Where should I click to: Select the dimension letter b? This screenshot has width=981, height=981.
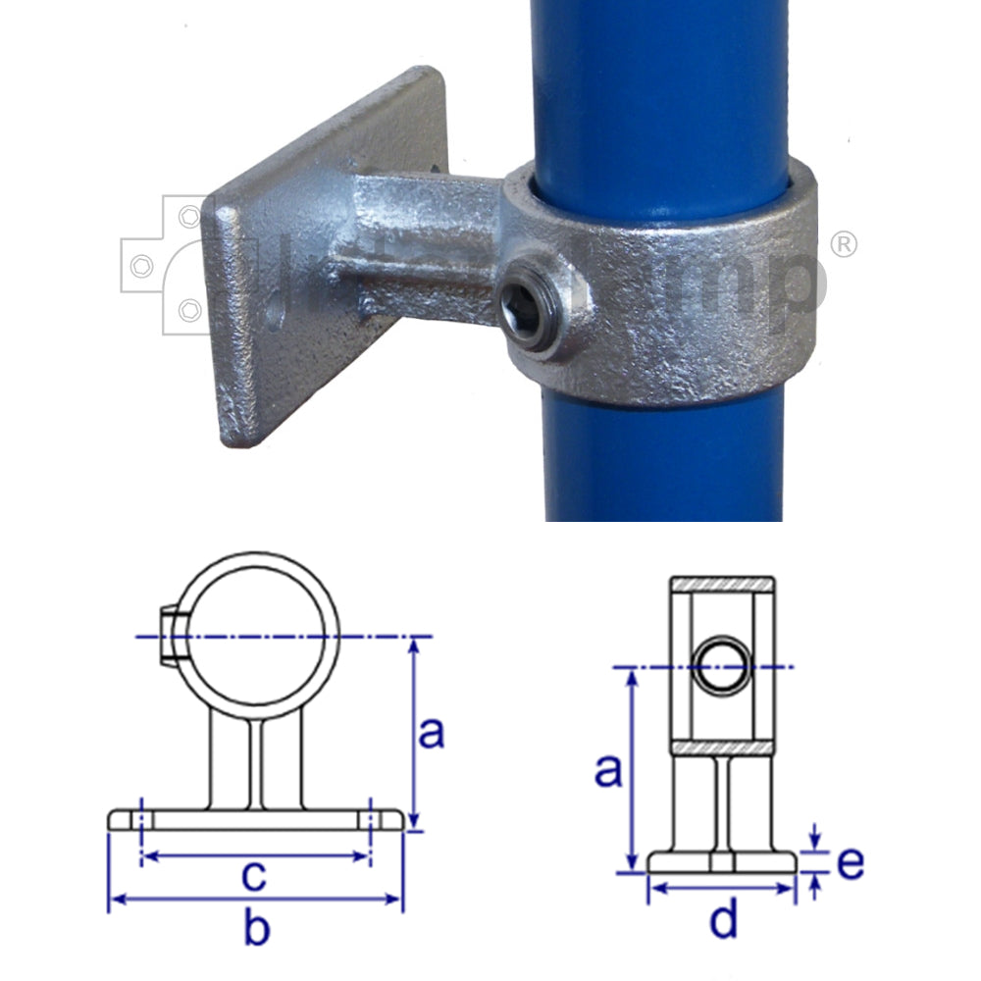click(x=255, y=930)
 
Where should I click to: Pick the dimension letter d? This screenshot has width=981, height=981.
click(x=723, y=920)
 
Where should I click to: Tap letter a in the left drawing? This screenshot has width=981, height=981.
click(x=432, y=731)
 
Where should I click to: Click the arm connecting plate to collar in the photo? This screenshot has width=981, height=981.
click(x=422, y=235)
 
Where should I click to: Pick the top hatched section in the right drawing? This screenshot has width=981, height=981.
click(x=723, y=585)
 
